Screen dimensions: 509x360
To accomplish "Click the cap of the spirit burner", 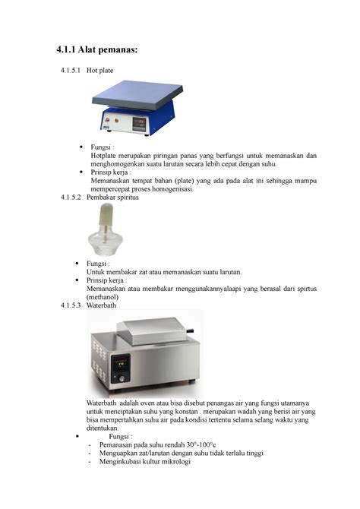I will (105, 219).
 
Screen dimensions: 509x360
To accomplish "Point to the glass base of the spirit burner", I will (105, 244).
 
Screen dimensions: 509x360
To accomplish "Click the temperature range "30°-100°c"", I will (194, 445).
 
